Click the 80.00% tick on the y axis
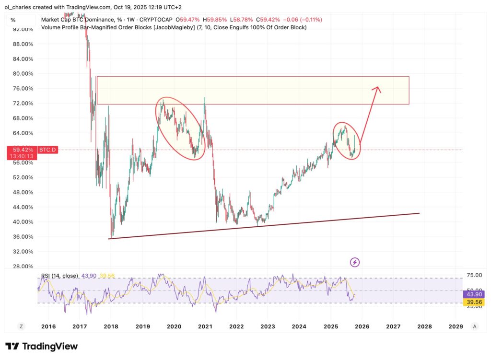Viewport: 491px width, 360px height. [23, 74]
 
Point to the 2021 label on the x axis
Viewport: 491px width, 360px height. [205, 326]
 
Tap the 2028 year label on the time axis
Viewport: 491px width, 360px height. [424, 326]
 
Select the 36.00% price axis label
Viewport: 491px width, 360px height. [23, 237]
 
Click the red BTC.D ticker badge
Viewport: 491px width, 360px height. [47, 150]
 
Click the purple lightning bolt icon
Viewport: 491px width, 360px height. [355, 262]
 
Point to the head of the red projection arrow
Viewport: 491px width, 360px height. [378, 88]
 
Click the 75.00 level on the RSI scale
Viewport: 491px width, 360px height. [473, 275]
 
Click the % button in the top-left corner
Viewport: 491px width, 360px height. [13, 20]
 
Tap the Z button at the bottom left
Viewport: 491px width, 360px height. [21, 326]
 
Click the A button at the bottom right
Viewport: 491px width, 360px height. [474, 326]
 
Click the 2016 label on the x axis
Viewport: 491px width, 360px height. [48, 326]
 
